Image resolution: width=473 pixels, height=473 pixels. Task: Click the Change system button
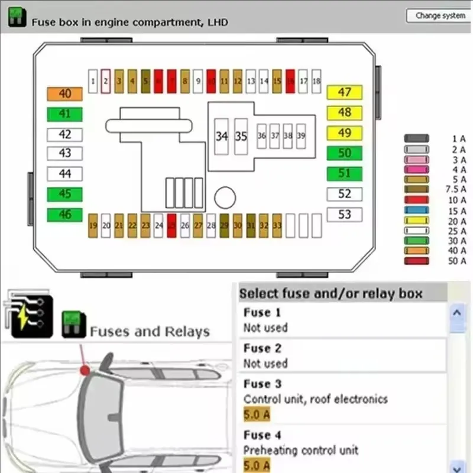(440, 16)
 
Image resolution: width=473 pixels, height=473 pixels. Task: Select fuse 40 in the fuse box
(65, 94)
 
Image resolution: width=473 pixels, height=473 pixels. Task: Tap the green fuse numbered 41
(65, 114)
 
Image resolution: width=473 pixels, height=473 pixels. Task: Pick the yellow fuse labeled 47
(344, 92)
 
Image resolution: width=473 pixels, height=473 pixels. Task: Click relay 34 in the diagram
(222, 137)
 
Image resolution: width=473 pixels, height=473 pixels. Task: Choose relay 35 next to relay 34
(241, 137)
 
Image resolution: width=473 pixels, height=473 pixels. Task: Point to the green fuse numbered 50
(344, 154)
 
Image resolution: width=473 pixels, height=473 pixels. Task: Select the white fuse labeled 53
(344, 215)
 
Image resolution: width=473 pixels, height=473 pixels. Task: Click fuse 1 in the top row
(93, 81)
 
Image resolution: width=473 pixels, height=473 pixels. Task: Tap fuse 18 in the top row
(316, 81)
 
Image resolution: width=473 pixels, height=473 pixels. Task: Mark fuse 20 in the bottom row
(106, 226)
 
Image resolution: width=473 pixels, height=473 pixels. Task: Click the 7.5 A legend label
(455, 189)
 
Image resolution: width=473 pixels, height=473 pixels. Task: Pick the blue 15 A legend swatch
(416, 210)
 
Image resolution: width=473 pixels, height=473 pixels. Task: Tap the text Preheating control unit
(301, 451)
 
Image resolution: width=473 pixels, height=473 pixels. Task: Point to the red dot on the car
(85, 370)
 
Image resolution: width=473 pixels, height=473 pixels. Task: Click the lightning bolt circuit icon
(28, 312)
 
